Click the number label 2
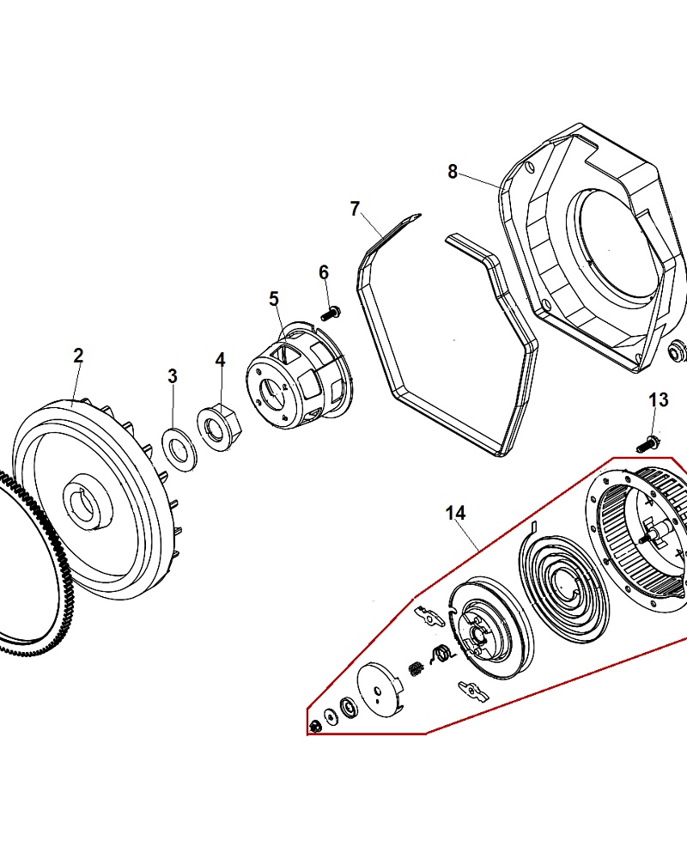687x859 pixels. tap(78, 356)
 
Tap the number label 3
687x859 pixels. tap(173, 375)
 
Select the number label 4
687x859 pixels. tap(220, 359)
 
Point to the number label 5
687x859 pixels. tap(274, 299)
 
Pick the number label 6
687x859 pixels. tap(324, 272)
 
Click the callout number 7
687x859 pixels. tap(355, 209)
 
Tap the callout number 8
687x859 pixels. tap(453, 171)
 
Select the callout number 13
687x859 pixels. tap(658, 400)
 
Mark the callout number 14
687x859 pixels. tap(455, 513)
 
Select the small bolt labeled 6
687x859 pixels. tap(331, 312)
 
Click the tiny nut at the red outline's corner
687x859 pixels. tap(314, 727)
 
